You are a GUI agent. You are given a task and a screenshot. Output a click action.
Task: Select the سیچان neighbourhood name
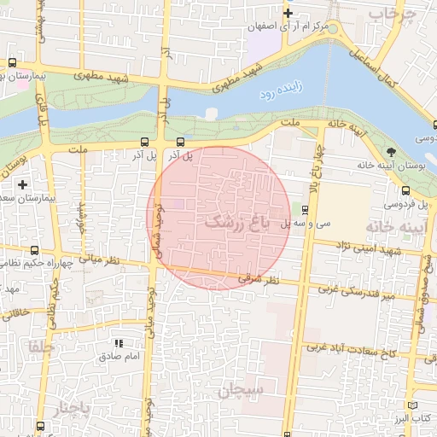pos(241,390)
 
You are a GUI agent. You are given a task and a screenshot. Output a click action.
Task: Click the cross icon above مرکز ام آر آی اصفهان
pos(288,13)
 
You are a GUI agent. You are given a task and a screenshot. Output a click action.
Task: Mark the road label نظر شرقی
pos(260,279)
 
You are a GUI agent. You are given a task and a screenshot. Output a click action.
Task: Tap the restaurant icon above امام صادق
pos(119,343)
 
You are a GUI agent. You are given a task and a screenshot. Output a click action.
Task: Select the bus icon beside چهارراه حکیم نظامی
pos(34,250)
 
